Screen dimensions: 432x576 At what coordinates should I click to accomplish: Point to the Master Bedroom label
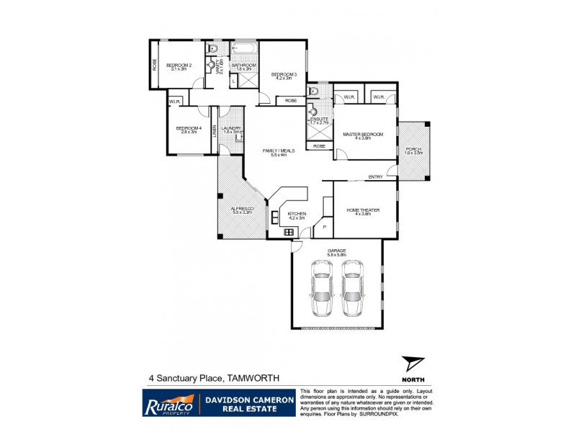coord(362,135)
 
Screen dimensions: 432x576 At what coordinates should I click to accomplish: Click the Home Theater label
coord(364,211)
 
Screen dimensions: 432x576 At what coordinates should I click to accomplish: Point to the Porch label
coord(413,150)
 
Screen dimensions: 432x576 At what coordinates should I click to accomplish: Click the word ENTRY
coord(375,177)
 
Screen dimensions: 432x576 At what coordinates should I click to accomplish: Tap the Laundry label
coord(232,130)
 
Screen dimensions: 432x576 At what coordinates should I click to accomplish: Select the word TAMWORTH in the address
coord(252,377)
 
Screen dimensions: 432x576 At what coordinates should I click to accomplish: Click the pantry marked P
coord(324,228)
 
